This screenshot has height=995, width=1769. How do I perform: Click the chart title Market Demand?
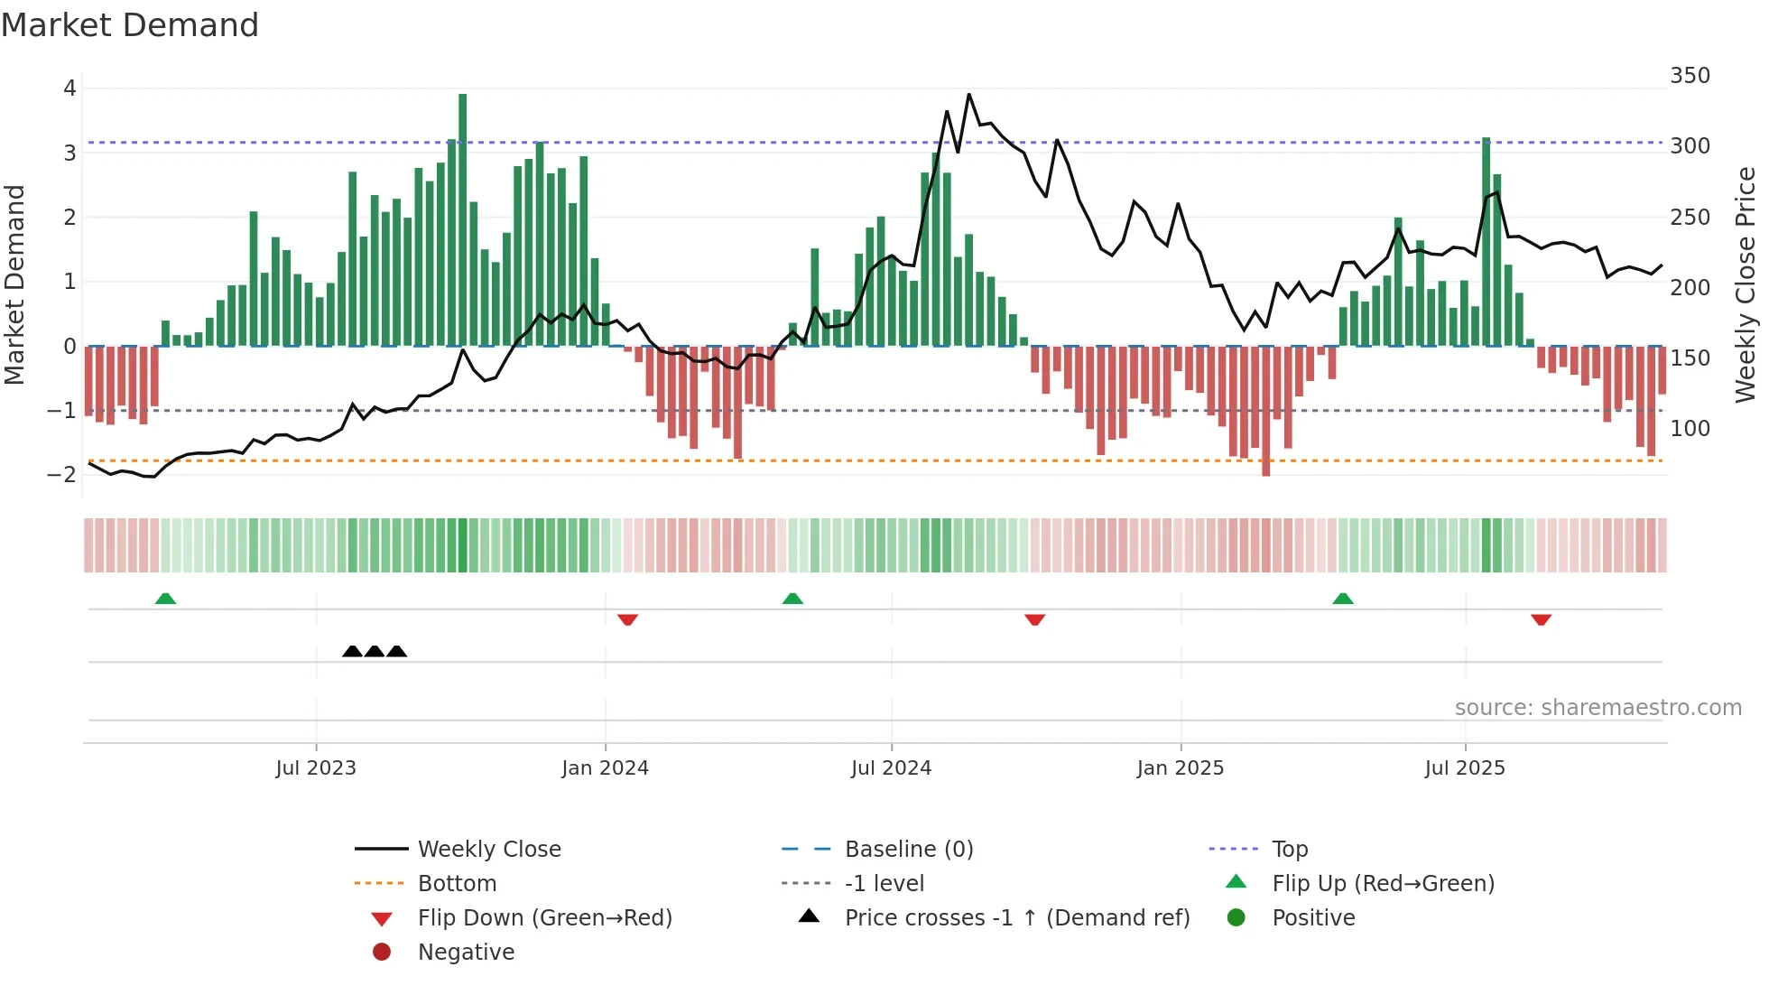coord(130,25)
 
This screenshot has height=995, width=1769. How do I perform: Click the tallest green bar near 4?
coord(463,217)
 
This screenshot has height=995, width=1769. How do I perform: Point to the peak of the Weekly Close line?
coord(968,95)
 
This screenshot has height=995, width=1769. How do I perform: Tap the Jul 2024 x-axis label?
coord(891,768)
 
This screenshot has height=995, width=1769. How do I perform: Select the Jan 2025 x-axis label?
coord(1180,768)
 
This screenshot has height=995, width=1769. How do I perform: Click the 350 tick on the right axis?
coord(1690,76)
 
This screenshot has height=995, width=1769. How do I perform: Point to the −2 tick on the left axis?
coord(62,475)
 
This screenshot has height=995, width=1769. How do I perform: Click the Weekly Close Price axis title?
coord(1746,284)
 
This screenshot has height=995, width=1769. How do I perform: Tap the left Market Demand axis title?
coord(14,284)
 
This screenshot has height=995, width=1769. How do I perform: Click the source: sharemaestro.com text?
coord(1598,708)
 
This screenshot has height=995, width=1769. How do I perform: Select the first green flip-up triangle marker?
coord(165,599)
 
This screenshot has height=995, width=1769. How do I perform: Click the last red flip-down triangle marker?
coord(1541,619)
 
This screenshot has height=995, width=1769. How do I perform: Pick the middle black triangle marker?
coord(375,651)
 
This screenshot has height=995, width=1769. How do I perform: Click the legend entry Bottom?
coord(457,884)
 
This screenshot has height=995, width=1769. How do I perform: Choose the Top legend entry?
coord(1289,850)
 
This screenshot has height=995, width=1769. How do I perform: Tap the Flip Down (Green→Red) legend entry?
coord(544,918)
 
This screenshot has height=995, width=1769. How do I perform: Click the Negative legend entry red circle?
coord(382,953)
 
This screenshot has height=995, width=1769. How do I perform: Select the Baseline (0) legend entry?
coord(908,850)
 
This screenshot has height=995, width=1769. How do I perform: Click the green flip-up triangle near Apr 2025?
coord(1343,599)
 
